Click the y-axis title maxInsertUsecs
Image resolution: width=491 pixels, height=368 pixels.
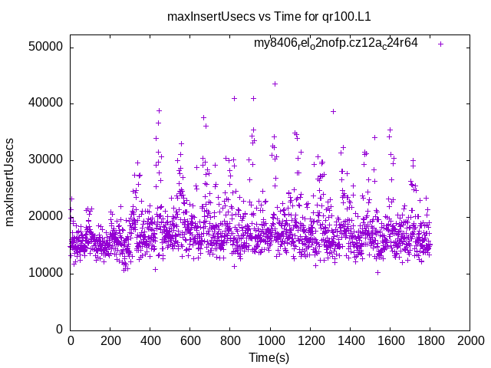(x=10, y=182)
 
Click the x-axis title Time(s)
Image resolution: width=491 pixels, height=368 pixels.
(x=269, y=357)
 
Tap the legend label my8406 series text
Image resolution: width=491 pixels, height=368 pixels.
(x=336, y=43)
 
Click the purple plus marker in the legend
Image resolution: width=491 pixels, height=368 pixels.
(x=440, y=44)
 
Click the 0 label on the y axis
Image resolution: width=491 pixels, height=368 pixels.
(x=59, y=330)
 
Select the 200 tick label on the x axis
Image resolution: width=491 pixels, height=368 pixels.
(x=110, y=340)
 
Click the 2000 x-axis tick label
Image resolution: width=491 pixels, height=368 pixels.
(x=470, y=340)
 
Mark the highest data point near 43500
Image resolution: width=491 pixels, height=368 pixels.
(x=275, y=84)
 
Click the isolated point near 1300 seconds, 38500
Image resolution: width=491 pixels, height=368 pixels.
(x=333, y=111)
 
